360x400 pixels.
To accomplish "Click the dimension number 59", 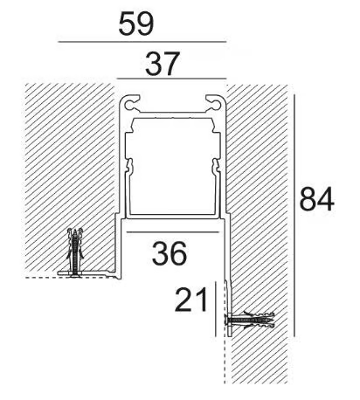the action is [136, 24].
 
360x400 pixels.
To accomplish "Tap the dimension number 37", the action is [162, 64].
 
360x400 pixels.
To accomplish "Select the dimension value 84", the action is [316, 199].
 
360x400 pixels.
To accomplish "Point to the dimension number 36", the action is [170, 253].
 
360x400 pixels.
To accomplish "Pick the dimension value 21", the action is [190, 300].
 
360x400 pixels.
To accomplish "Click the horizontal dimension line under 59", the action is [142, 42].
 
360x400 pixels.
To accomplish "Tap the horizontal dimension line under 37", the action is [171, 79].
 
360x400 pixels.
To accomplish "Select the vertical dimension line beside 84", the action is [294, 216].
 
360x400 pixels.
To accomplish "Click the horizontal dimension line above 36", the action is [172, 232].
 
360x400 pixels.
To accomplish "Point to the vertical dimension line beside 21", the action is [215, 309].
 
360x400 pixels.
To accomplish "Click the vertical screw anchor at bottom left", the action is [75, 252].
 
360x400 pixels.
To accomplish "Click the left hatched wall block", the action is [70, 175].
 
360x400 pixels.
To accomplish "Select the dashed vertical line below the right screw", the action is [225, 361].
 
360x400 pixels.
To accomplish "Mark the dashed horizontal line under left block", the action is [70, 278].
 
